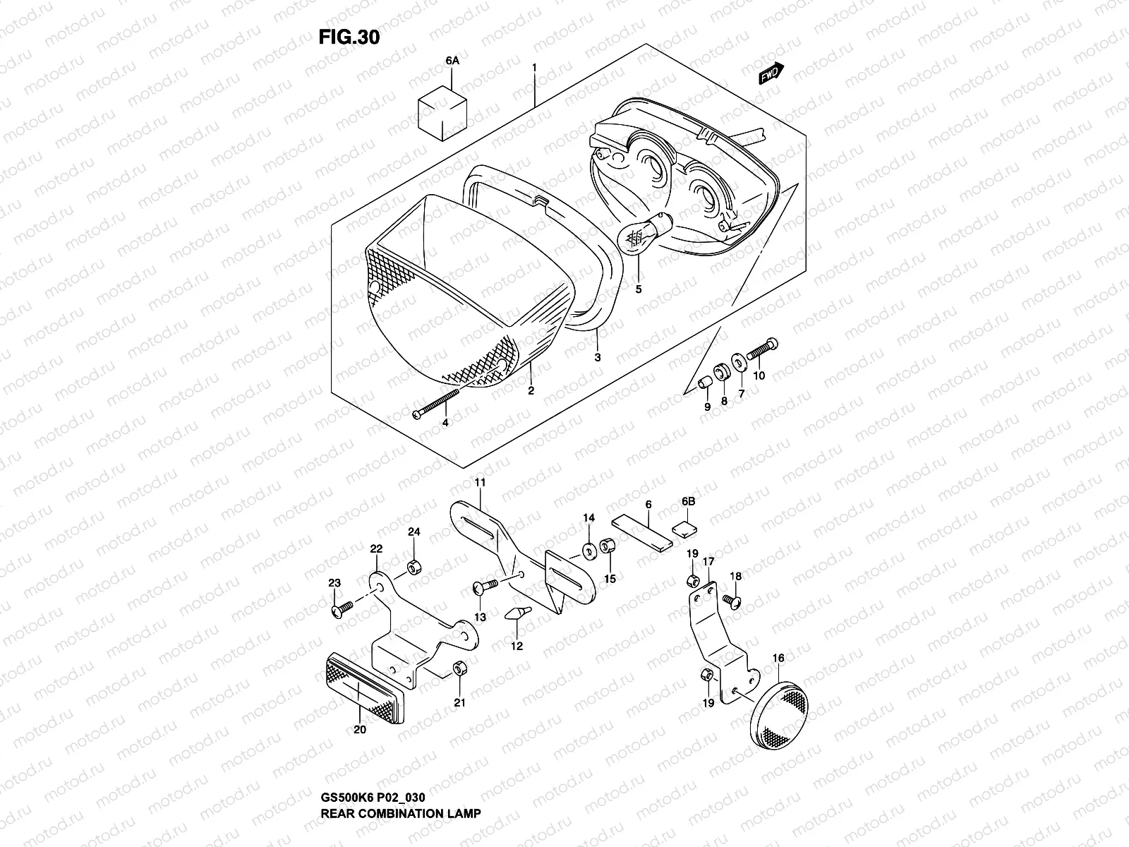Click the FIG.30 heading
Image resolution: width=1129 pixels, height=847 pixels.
click(x=349, y=37)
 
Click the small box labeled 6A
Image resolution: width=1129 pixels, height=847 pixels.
click(x=443, y=112)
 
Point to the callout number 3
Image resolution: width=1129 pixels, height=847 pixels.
click(x=597, y=358)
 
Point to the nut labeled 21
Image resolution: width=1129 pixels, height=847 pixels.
click(x=459, y=667)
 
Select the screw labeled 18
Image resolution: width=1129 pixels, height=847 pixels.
click(x=731, y=600)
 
